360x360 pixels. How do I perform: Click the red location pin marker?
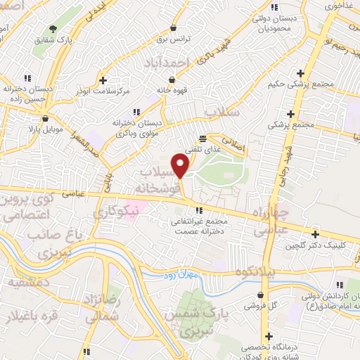181,166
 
